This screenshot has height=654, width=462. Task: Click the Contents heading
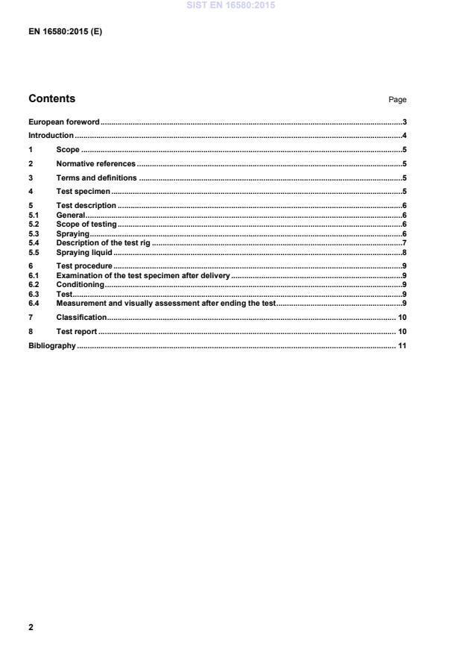point(51,99)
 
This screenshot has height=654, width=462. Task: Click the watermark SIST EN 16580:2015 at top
point(231,5)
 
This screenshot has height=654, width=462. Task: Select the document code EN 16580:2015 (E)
point(65,32)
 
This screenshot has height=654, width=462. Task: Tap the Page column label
point(397,100)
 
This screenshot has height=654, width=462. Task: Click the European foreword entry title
point(64,122)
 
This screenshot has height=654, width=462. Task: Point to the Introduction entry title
point(51,136)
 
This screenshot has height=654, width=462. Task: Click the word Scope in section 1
point(68,150)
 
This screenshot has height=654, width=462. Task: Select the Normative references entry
point(96,164)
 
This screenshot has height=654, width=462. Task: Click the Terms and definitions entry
point(97,178)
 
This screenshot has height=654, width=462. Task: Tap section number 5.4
point(34,243)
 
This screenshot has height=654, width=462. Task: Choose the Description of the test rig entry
point(104,243)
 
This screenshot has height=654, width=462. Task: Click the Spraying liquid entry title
point(84,253)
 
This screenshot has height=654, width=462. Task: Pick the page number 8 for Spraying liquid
point(403,253)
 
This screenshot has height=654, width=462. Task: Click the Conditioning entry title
point(80,285)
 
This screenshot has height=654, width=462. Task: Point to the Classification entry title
point(81,318)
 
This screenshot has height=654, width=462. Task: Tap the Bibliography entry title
point(52,346)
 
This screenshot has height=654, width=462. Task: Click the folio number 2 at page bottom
point(31,628)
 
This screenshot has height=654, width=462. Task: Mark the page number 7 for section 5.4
point(403,243)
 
